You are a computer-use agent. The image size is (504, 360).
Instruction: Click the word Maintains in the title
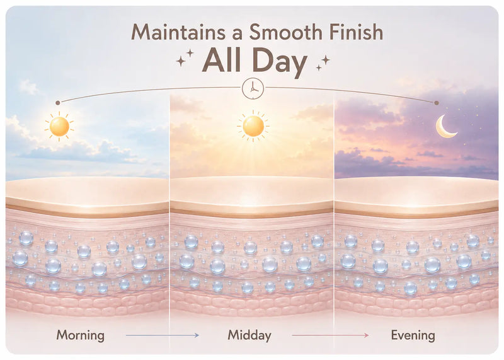(178, 33)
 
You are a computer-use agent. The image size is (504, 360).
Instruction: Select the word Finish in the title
(356, 32)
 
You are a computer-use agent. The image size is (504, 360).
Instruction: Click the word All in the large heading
(222, 60)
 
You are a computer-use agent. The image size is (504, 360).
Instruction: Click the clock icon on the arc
(253, 88)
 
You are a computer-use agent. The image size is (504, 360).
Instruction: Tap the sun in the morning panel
(59, 127)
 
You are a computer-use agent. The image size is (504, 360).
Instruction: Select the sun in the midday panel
(253, 126)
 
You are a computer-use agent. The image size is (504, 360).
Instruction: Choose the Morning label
(81, 335)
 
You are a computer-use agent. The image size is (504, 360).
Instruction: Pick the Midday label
(249, 335)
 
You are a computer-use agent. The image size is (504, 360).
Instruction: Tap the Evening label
(413, 335)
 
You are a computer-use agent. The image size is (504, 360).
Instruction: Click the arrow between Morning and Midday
(163, 335)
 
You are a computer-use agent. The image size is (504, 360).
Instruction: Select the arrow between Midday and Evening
(330, 335)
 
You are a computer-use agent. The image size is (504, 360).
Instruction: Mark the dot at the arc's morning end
(58, 103)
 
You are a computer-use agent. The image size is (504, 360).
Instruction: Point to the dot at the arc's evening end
(437, 103)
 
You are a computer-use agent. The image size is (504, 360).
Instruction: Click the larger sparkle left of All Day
(181, 61)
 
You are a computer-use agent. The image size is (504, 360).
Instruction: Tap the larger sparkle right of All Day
(326, 60)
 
